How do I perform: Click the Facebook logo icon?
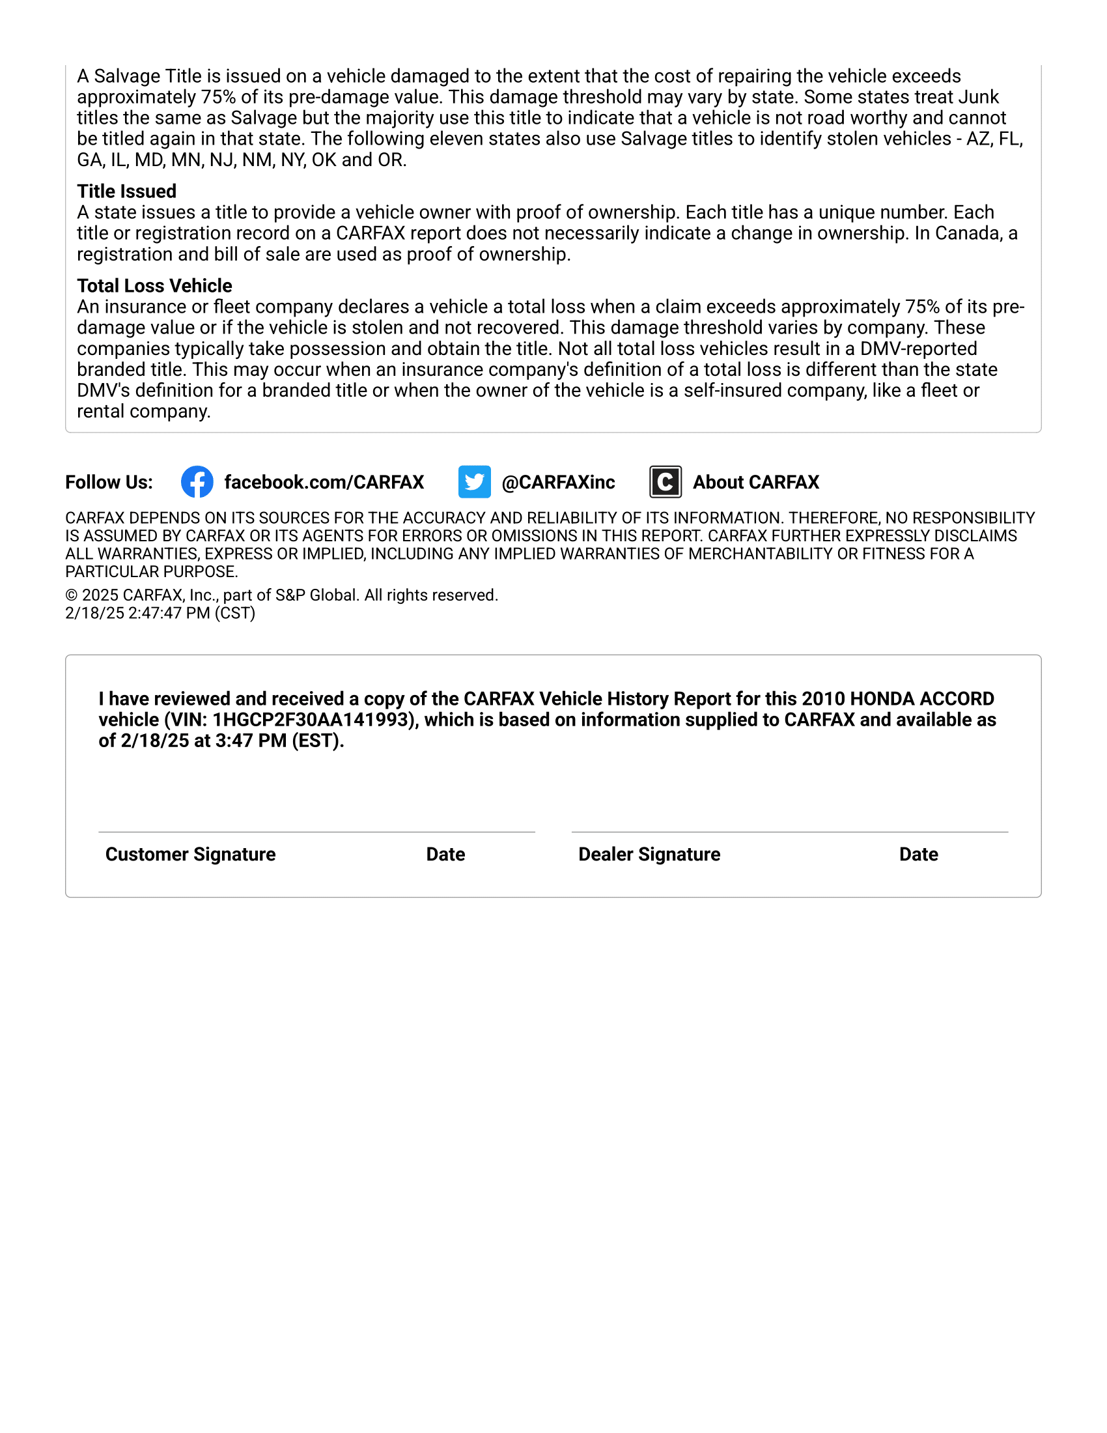197,482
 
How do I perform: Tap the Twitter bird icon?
474,482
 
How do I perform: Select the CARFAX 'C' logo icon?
665,482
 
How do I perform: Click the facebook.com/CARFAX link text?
324,482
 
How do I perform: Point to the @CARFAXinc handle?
558,482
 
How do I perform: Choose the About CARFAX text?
755,482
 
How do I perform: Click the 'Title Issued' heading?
126,191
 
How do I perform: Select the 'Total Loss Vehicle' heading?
154,285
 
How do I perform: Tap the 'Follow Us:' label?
109,482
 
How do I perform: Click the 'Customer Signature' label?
190,855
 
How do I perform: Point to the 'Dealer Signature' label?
649,855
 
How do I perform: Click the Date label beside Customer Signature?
445,855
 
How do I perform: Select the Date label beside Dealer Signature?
918,855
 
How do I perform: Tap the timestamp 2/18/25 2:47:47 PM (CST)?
160,613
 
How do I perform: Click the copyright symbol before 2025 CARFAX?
72,595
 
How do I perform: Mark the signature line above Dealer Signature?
790,832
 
